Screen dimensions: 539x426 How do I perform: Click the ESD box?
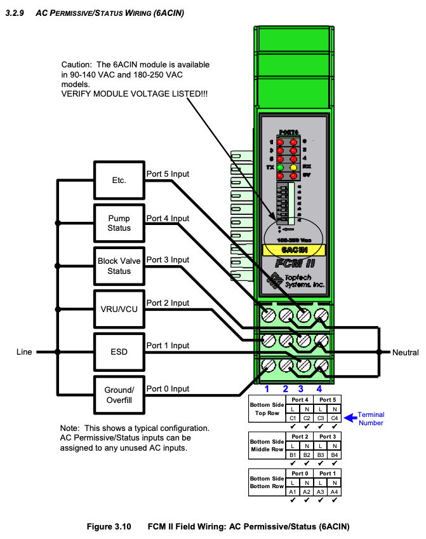pos(119,351)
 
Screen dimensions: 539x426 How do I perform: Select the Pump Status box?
pos(119,223)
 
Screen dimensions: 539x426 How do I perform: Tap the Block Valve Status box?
pos(119,266)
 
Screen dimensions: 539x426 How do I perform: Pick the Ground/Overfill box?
pos(119,394)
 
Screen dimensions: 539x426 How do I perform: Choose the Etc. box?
pos(119,180)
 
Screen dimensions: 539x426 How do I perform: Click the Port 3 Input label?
pos(168,260)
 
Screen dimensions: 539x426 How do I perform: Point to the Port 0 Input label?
pos(168,389)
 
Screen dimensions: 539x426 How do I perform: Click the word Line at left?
pos(24,351)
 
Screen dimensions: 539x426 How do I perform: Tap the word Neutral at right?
pos(406,352)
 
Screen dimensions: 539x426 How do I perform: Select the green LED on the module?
pos(279,167)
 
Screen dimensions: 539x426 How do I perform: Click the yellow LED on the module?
pos(294,167)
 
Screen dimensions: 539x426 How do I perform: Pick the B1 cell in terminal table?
pos(293,454)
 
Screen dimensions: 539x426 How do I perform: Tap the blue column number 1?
pos(267,388)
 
